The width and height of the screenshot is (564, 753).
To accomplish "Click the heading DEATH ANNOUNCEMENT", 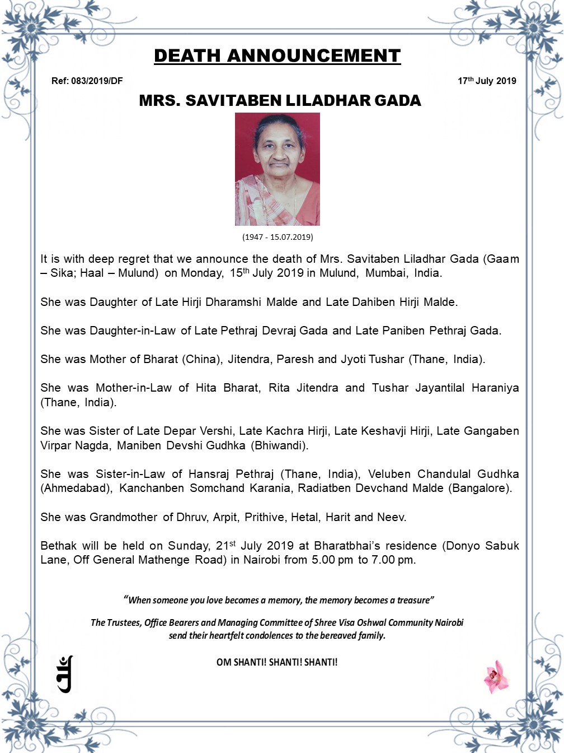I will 277,56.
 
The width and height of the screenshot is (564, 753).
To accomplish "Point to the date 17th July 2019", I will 487,81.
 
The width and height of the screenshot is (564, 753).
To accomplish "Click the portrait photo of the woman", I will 278,169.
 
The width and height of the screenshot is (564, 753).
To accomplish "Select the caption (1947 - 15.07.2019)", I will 278,237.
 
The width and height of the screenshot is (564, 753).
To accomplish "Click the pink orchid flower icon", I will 495,676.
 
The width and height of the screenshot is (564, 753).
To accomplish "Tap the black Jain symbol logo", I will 65,674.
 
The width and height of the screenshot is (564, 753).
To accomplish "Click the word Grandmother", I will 123,517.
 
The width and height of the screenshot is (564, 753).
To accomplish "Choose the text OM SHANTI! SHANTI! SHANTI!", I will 277,662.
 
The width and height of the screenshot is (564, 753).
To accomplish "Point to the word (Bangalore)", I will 480,488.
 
